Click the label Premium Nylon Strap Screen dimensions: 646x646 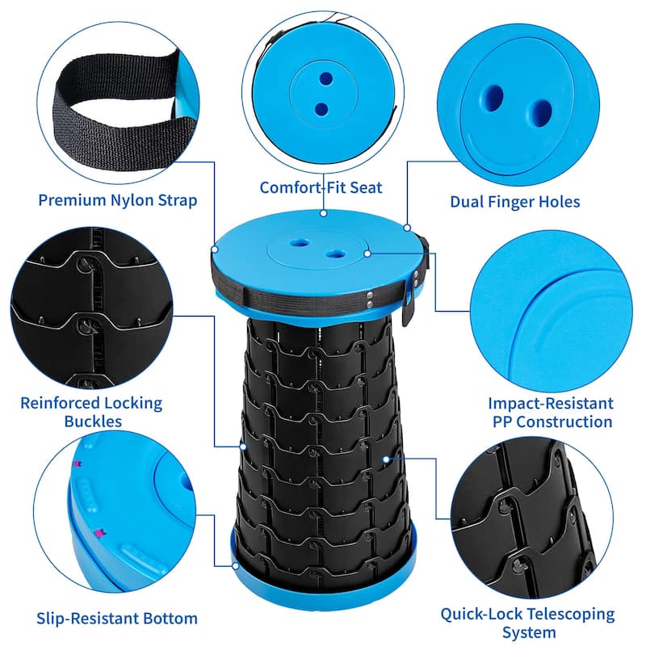(118, 199)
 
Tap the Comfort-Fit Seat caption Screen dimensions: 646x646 (321, 187)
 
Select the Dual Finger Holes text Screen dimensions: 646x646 (515, 201)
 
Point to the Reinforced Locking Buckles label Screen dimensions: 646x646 (91, 411)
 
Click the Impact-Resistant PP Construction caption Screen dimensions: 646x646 (550, 412)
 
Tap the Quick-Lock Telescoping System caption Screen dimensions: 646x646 (527, 623)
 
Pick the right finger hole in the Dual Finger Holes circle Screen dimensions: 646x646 (539, 110)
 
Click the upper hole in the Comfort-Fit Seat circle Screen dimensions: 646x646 (325, 79)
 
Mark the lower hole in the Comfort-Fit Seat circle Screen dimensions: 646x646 (321, 107)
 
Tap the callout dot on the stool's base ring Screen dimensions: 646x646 (235, 565)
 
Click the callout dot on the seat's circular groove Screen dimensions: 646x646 (367, 254)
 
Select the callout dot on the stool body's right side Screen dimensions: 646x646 (387, 459)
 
